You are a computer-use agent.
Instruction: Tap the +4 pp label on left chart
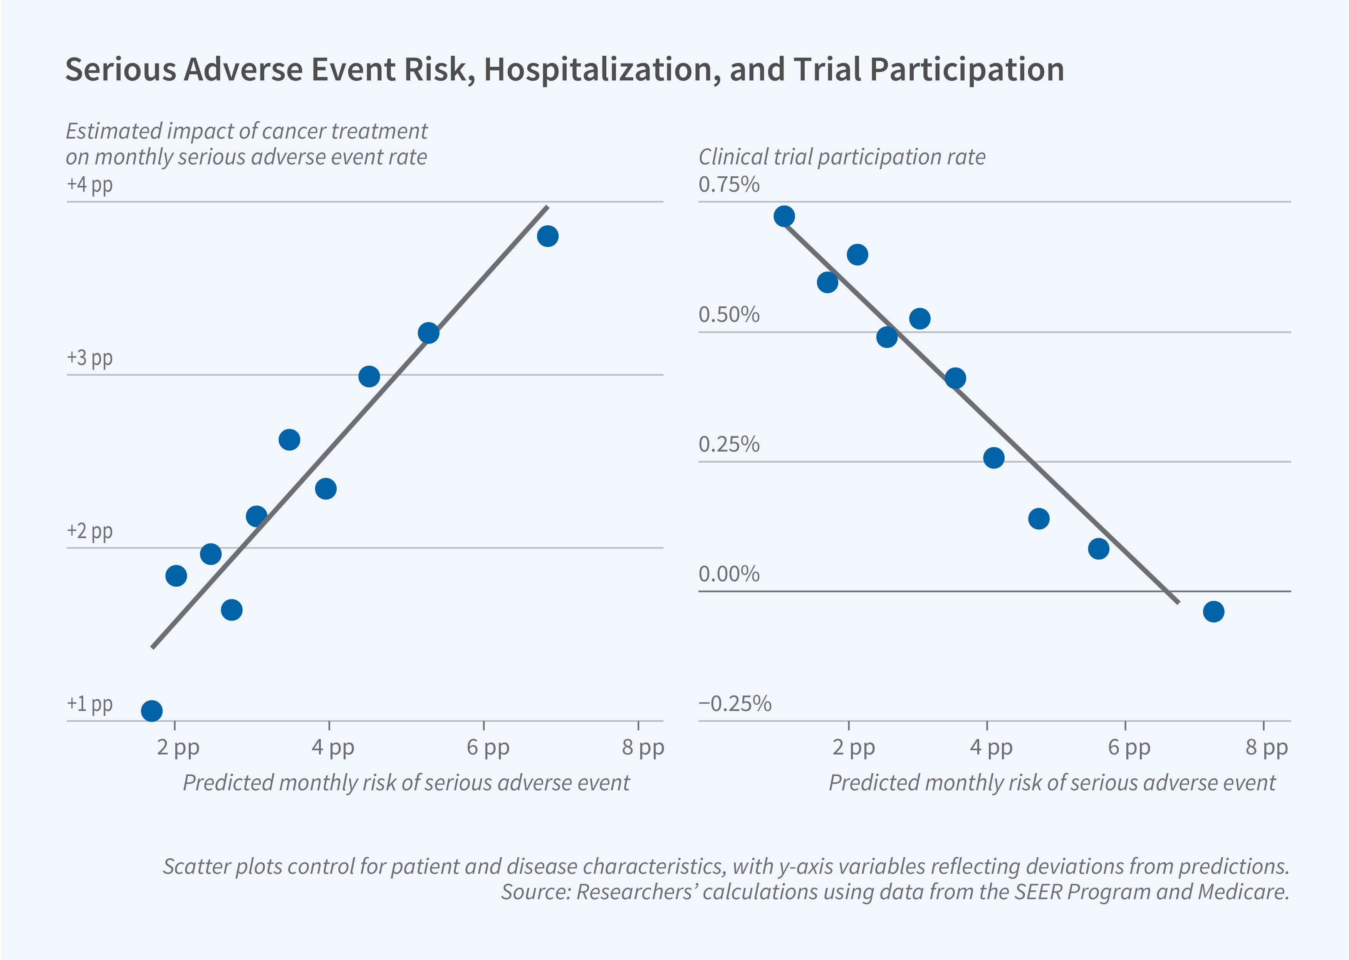(89, 185)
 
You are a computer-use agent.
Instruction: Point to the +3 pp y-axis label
(89, 358)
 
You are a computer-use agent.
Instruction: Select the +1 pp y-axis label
(89, 704)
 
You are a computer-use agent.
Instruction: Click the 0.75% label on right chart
(728, 185)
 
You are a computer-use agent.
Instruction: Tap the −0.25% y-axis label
(735, 704)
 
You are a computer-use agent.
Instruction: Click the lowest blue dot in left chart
(152, 711)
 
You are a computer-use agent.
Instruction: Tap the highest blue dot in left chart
(548, 236)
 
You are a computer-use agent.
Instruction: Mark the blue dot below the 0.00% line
(1213, 612)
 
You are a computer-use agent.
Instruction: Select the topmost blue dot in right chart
(784, 216)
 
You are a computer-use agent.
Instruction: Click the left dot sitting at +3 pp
(369, 376)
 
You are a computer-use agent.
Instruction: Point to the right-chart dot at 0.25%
(994, 458)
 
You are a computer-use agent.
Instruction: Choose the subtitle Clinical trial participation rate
(842, 157)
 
